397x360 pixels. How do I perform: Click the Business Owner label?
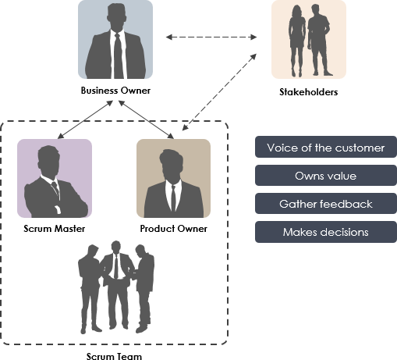[x=115, y=91]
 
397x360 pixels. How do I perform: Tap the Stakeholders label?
[x=308, y=92]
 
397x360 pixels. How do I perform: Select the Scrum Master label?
[x=54, y=229]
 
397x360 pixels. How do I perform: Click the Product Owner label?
[x=173, y=229]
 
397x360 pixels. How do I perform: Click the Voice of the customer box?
[x=325, y=148]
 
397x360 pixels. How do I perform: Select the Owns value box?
[x=325, y=176]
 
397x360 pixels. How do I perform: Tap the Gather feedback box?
[x=325, y=204]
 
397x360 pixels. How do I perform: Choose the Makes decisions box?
[x=325, y=232]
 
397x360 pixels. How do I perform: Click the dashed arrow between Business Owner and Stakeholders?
[x=212, y=36]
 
